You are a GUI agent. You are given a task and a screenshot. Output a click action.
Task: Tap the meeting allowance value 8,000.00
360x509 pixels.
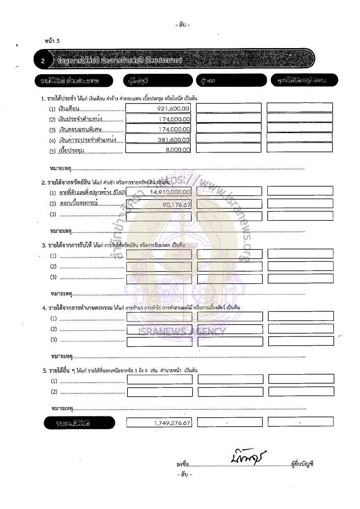coord(177,150)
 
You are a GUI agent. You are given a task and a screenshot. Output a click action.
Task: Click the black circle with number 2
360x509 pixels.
coord(43,61)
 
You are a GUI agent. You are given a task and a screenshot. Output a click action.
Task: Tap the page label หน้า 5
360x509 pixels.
coord(52,41)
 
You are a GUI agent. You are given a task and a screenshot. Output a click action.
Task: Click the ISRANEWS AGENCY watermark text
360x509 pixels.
coord(182,332)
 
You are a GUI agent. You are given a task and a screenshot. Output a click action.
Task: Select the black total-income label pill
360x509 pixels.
coord(79,423)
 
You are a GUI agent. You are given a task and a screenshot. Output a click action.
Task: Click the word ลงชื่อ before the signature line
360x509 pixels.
coord(183,464)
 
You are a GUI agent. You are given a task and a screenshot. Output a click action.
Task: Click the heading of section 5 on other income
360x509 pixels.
coord(120,370)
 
